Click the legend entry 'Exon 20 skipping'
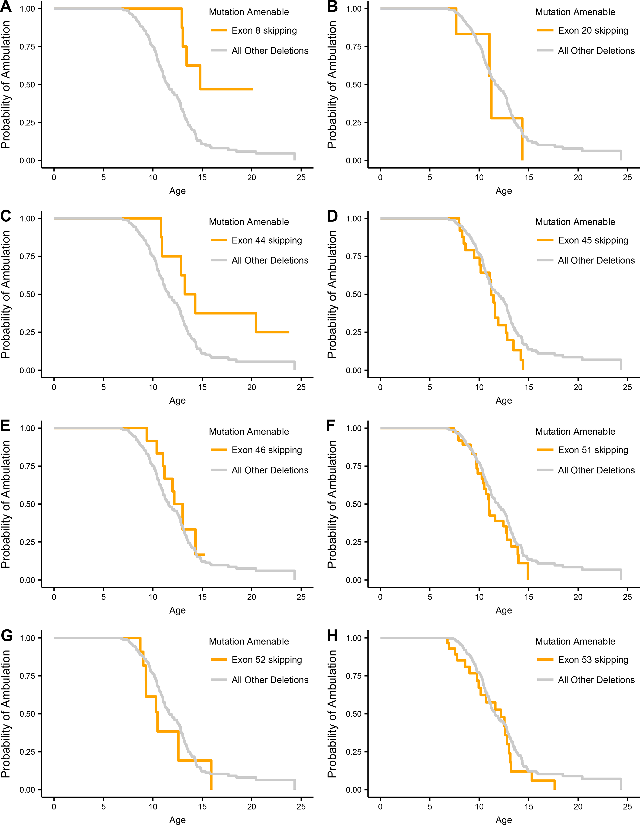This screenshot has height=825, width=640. click(x=593, y=31)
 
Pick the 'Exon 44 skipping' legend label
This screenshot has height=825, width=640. click(x=267, y=240)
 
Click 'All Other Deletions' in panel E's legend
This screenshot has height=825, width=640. click(x=270, y=470)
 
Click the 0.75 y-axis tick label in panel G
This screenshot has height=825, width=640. click(x=27, y=676)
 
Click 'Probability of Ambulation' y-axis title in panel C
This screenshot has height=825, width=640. click(x=6, y=294)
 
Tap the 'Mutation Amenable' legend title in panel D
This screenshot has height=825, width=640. click(x=575, y=222)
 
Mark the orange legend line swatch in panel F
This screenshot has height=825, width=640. click(x=545, y=450)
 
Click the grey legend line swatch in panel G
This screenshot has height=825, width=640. click(x=219, y=680)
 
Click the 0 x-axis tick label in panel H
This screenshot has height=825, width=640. click(x=380, y=807)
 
